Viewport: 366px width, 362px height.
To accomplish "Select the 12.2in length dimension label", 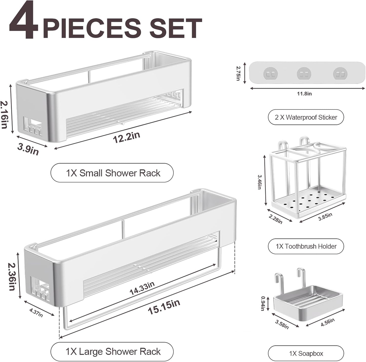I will tap(126, 137).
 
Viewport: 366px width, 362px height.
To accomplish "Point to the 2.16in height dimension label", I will tap(5, 115).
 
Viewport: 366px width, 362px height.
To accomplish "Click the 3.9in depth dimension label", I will tap(28, 149).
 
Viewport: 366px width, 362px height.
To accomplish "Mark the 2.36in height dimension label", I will tap(12, 276).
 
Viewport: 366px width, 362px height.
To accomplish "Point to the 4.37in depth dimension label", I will tap(36, 313).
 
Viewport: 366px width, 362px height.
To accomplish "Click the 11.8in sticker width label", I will tap(304, 94).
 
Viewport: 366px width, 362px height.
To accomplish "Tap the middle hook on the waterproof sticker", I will tap(304, 74).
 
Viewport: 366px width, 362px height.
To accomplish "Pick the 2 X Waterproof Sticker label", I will tap(306, 117).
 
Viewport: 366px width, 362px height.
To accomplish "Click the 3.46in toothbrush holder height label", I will tap(260, 182).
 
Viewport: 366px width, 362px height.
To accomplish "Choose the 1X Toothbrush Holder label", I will tap(306, 246).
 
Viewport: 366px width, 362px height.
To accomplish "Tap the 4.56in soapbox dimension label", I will tap(327, 322).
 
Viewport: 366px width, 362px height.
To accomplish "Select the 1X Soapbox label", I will tap(306, 353).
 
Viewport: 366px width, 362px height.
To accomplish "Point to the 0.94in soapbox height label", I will tap(263, 303).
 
